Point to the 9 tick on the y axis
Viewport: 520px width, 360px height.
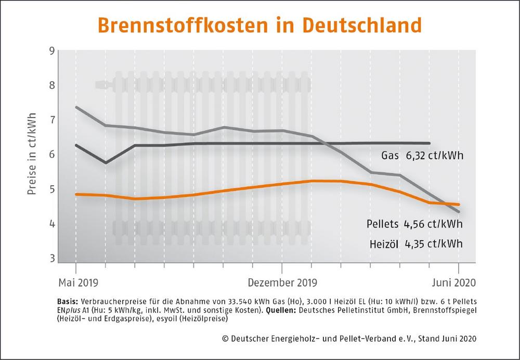tap(51, 50)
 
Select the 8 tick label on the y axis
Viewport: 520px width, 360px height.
tap(51, 85)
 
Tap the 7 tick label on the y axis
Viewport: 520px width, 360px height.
tap(51, 120)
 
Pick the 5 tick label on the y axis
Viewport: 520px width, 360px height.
tap(51, 189)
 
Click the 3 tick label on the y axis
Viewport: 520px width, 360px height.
tap(51, 259)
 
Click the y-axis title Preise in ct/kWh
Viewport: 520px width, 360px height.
tap(32, 155)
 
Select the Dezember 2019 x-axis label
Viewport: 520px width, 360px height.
tap(282, 283)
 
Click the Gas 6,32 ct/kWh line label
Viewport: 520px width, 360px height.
tap(422, 155)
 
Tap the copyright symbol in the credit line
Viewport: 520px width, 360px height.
tap(225, 338)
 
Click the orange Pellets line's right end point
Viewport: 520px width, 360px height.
tap(459, 204)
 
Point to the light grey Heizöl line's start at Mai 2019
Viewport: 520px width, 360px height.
tap(76, 107)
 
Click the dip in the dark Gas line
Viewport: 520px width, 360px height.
tap(106, 163)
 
